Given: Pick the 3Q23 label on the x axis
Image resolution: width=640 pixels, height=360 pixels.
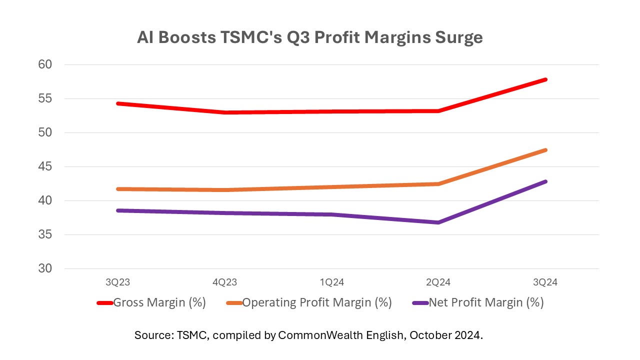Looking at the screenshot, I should tap(118, 282).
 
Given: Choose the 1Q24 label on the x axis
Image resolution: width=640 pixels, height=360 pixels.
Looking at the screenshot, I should tap(331, 282).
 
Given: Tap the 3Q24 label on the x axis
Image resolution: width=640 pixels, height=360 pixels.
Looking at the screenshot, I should tap(545, 282).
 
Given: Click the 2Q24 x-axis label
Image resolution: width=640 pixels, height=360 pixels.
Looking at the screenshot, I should tap(438, 282).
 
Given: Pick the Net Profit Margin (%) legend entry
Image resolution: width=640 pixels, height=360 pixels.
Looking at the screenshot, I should tap(479, 302).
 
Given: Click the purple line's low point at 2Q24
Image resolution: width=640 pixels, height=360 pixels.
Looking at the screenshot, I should tap(438, 222).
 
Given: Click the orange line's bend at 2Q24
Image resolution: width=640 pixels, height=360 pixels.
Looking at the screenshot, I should tap(438, 184).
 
